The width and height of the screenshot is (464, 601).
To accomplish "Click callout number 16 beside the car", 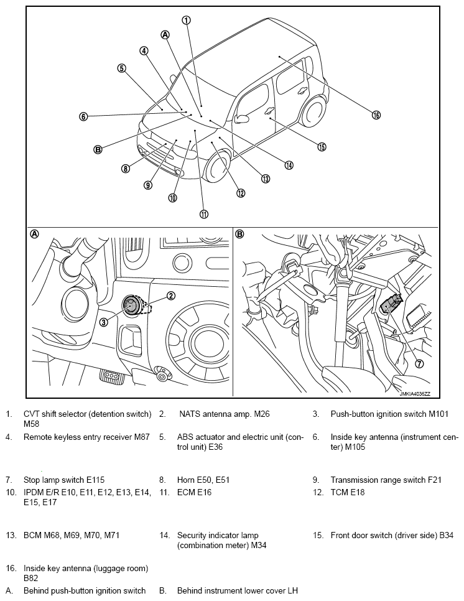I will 376,114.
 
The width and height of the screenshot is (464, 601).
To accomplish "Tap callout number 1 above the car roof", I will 185,19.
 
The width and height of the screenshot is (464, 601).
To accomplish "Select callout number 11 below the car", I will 203,214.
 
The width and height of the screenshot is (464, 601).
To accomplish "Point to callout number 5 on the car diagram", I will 121,68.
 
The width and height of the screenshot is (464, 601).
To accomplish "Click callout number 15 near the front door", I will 321,147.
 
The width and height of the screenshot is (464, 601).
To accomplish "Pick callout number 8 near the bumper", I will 126,168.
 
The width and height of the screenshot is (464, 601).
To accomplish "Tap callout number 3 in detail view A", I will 104,322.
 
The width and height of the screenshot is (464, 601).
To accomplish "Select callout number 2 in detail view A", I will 170,296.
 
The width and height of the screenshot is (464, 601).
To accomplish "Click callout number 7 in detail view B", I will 419,364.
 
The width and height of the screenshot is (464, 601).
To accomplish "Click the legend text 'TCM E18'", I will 347,492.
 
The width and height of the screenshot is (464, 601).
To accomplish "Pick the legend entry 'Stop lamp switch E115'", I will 64,480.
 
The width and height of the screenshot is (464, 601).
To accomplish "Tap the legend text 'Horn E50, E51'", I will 202,480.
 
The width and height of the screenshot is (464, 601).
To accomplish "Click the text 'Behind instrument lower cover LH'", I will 238,590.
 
